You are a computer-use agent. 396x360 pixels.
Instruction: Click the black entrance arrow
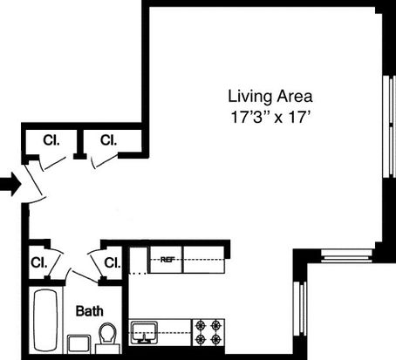coord(10,184)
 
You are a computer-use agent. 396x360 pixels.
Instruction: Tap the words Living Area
coord(270,97)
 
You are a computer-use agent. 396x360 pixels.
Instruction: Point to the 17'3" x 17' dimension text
coord(270,118)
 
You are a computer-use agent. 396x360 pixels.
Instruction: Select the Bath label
coord(90,311)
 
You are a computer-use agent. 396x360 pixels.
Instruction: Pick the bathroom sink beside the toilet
coord(79,344)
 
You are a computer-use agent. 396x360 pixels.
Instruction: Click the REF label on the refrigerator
coord(166,260)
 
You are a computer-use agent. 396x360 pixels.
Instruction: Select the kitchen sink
coord(144,332)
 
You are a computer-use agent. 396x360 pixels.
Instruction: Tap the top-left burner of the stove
coord(201,324)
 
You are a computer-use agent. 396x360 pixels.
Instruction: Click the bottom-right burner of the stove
coord(215,338)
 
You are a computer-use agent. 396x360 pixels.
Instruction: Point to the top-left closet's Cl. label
coord(51,140)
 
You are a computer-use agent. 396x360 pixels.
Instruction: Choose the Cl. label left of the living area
coord(108,140)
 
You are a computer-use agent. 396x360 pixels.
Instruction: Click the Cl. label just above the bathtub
coord(38,263)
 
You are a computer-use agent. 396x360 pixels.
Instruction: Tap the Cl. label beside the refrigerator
coord(113,263)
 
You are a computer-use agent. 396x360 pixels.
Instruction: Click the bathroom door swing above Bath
coord(84,276)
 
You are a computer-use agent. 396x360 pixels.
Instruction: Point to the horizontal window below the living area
coord(346,256)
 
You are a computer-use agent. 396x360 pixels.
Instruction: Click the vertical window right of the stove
coord(300,309)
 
